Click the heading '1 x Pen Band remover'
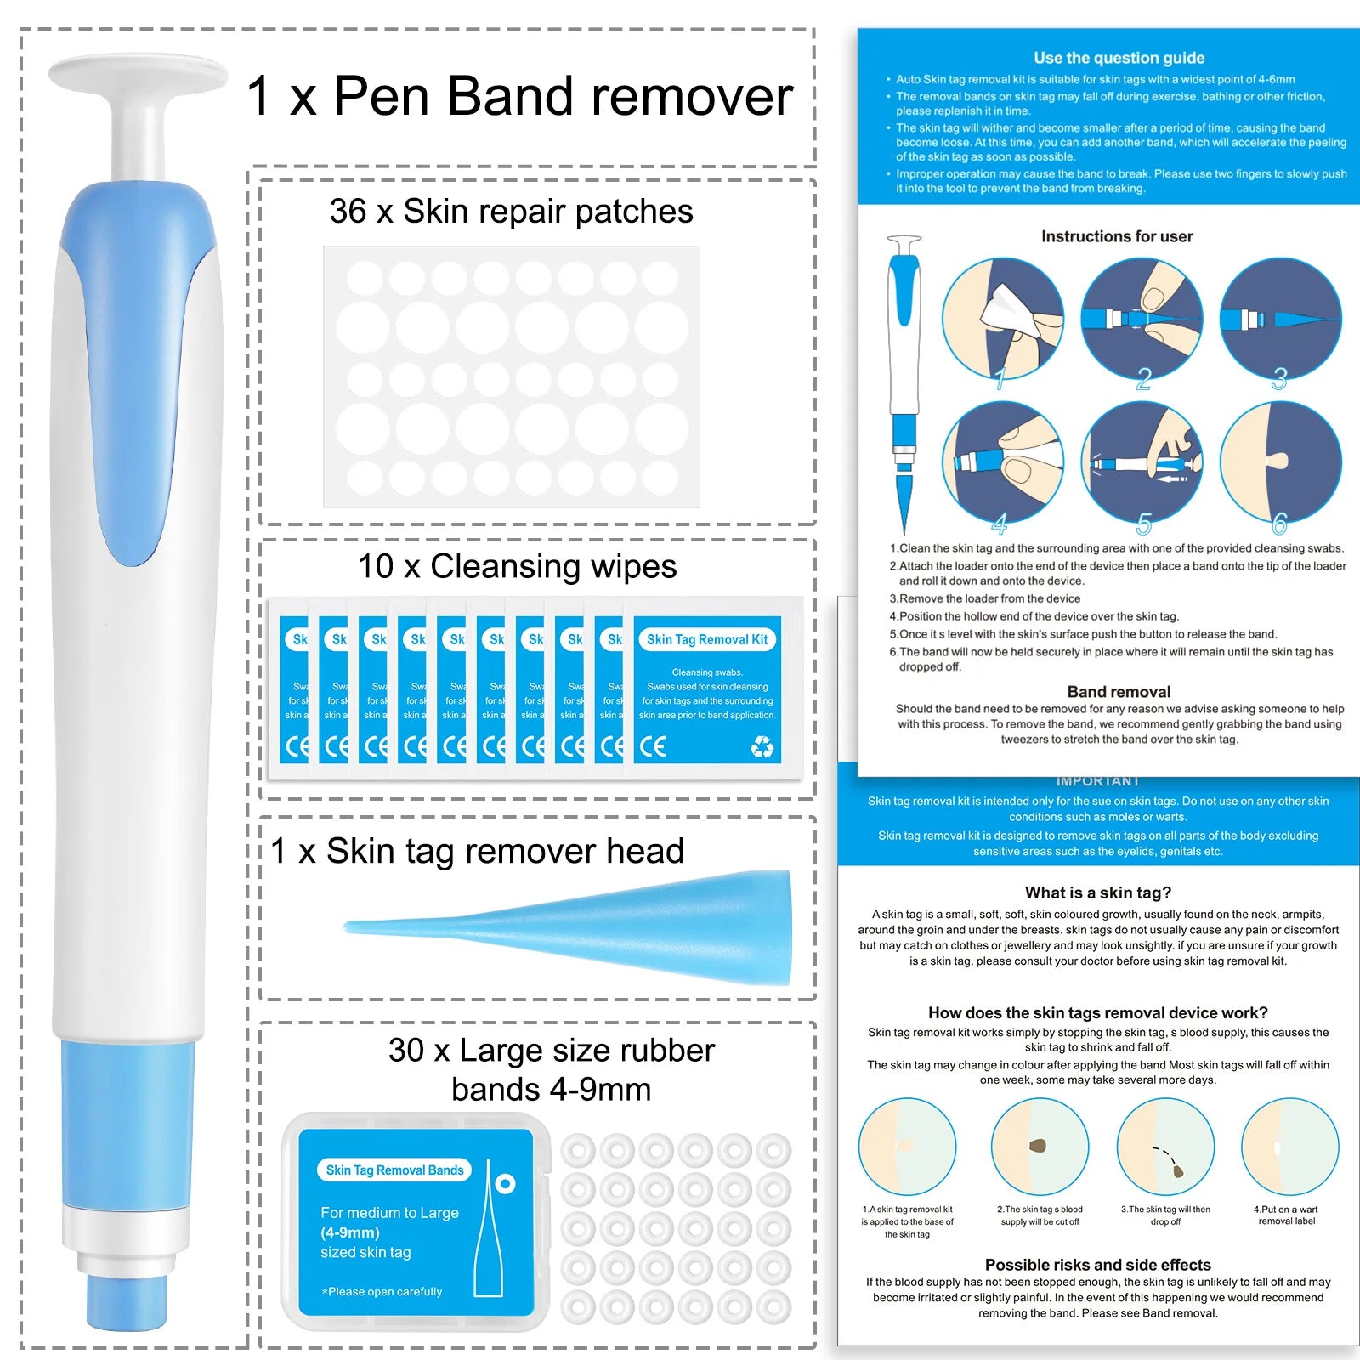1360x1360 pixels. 519,96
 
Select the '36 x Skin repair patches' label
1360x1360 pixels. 511,212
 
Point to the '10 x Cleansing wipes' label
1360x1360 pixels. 517,566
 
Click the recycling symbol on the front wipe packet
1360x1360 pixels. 762,746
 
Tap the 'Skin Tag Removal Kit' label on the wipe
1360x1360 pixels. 706,639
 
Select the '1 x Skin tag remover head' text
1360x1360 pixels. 477,851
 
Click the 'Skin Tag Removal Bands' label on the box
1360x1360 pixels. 394,1170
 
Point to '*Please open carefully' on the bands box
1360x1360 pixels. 382,1291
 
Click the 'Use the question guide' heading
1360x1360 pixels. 1119,58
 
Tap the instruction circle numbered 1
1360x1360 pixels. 1003,319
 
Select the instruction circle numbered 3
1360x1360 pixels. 1280,319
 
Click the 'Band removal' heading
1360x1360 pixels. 1119,692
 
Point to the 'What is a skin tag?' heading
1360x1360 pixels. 1097,892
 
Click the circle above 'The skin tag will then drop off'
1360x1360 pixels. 1165,1147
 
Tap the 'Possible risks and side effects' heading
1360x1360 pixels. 1097,1265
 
